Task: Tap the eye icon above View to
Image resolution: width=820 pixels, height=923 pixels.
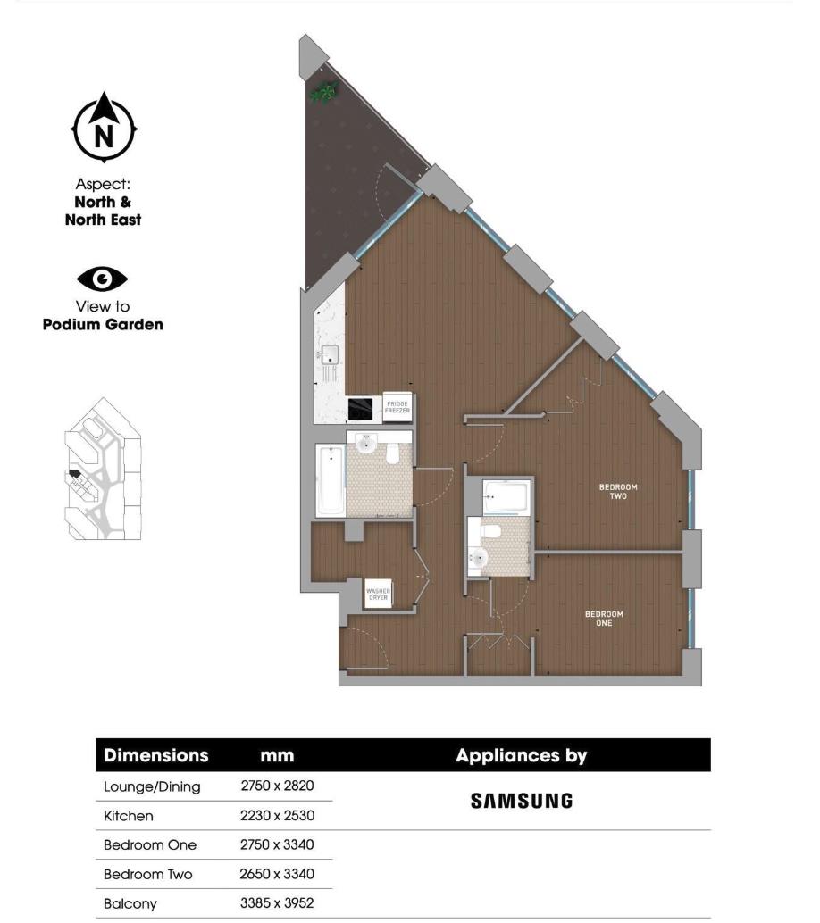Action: [x=103, y=279]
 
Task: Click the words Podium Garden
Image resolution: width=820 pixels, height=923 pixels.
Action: [x=103, y=325]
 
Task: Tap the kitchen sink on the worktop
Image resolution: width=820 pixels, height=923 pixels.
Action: [x=331, y=354]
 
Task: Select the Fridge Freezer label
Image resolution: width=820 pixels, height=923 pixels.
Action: [x=397, y=406]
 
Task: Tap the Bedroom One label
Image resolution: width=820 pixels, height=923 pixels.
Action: [x=604, y=619]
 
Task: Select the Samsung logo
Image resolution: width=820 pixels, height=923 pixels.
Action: [x=521, y=801]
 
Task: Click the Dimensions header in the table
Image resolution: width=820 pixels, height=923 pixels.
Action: [x=156, y=755]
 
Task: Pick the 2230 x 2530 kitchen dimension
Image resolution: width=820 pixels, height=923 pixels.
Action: [x=277, y=816]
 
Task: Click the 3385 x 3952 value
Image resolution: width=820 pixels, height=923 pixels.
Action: [x=277, y=903]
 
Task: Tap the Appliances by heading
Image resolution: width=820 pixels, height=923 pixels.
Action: [x=521, y=755]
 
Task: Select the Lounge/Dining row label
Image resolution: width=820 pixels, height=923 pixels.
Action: [x=152, y=786]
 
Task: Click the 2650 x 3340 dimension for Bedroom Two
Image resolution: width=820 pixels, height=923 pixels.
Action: [x=277, y=874]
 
